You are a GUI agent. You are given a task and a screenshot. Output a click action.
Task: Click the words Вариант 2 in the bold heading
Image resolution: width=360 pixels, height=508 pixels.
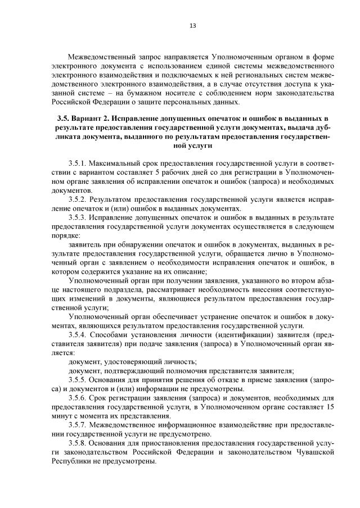(91, 119)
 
